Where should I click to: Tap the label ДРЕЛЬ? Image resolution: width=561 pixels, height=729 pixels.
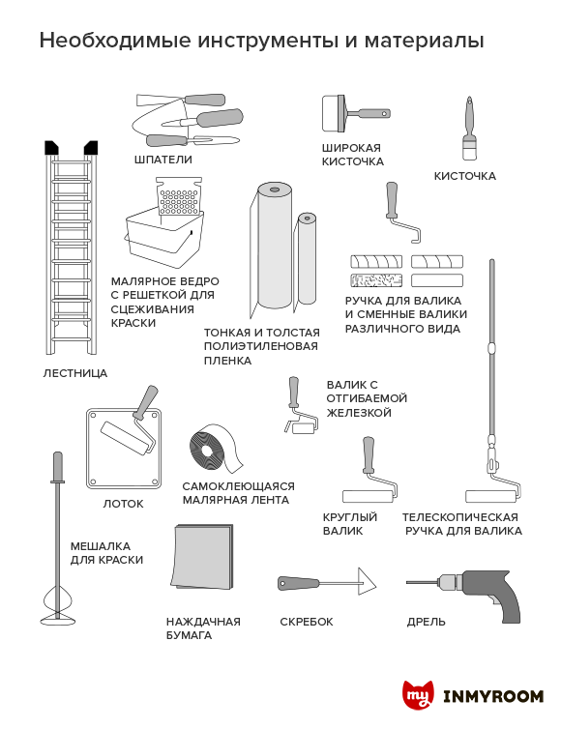tap(427, 622)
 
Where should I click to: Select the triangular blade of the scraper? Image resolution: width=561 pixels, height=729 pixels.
tap(366, 582)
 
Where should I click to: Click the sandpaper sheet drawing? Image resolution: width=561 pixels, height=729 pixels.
tap(203, 557)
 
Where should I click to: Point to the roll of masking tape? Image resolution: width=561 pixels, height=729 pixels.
tap(215, 448)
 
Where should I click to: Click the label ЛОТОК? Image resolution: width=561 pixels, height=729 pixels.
tap(123, 504)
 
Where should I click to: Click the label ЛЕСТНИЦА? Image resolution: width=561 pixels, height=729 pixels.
tap(74, 373)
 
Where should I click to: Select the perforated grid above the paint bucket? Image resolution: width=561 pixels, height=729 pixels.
tap(179, 196)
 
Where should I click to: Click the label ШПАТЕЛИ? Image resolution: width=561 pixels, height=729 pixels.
tap(163, 160)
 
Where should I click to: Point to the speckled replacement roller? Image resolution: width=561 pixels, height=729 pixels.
tap(376, 280)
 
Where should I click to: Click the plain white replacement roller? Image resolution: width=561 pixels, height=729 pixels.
tap(437, 280)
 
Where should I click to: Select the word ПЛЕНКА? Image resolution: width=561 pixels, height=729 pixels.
tap(227, 361)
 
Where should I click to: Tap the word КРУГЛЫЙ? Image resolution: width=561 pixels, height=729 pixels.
tap(350, 517)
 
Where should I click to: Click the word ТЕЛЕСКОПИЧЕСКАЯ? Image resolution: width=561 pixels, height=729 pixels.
tap(460, 517)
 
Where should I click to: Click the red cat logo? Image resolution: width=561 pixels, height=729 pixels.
tap(418, 695)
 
